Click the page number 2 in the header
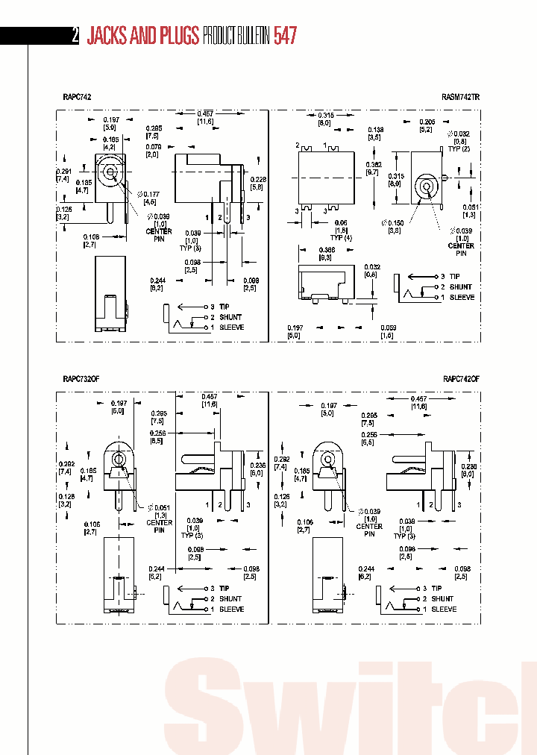[75, 36]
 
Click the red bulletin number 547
[286, 36]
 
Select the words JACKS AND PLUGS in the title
[143, 36]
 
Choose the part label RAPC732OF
[79, 379]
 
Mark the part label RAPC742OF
[461, 379]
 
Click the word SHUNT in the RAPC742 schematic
[230, 317]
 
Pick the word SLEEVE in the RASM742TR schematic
[462, 297]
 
